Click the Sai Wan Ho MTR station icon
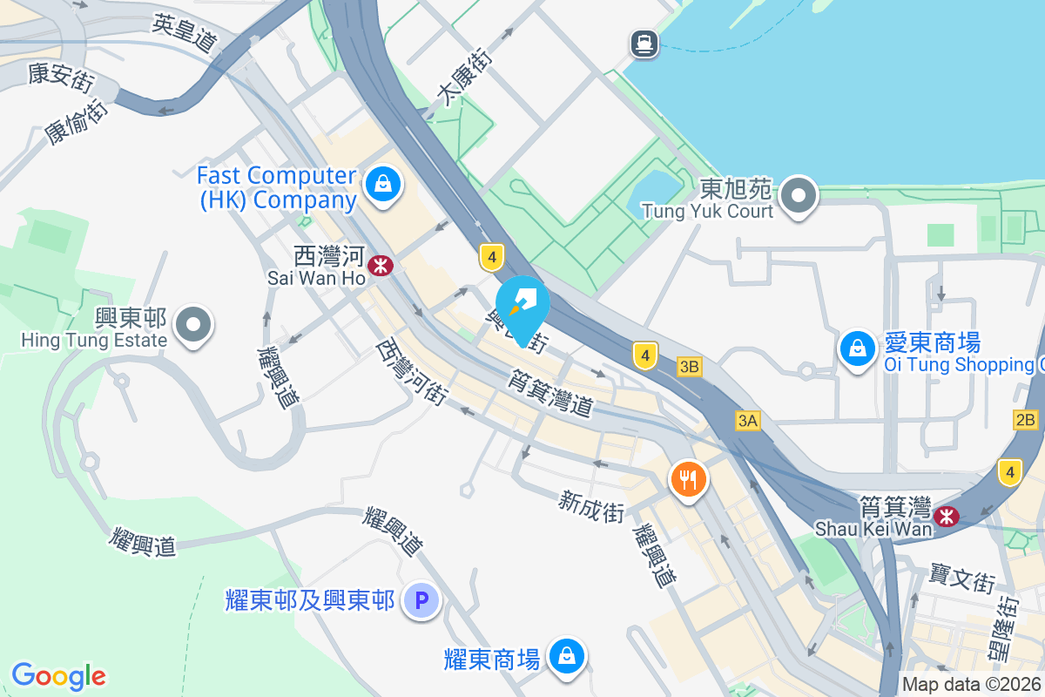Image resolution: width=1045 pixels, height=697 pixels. click(x=380, y=265)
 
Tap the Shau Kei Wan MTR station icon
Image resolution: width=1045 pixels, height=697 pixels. click(x=946, y=518)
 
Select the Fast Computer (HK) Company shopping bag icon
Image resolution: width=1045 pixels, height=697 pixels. click(x=381, y=184)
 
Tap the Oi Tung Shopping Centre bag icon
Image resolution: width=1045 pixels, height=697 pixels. click(x=858, y=348)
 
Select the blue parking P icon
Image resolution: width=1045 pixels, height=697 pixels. click(x=422, y=600)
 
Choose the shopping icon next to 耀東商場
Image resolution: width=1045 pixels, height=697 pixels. click(x=567, y=655)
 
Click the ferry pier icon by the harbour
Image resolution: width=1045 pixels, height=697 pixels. click(x=644, y=42)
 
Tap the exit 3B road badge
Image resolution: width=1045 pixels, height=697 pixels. click(x=689, y=367)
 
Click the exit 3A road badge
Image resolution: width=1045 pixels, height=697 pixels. click(x=748, y=422)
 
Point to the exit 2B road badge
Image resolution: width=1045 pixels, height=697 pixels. click(x=1026, y=420)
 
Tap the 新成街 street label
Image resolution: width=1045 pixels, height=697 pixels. click(x=591, y=505)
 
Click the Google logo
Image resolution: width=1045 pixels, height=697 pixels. click(x=58, y=676)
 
